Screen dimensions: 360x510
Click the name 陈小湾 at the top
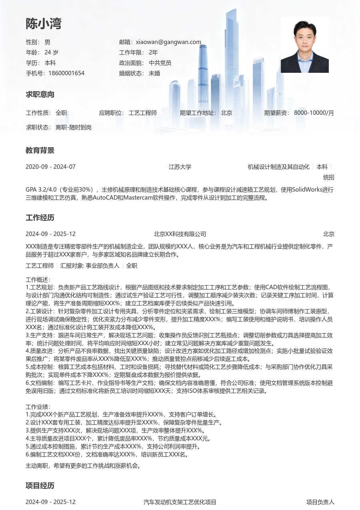point(44,24)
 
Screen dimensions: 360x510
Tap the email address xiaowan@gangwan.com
point(168,42)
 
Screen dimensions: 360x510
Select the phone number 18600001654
point(66,73)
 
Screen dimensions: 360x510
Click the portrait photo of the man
point(304,45)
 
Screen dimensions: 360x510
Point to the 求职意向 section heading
point(40,95)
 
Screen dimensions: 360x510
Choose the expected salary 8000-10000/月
point(314,113)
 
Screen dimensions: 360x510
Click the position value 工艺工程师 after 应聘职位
point(143,113)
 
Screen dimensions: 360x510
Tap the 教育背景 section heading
point(40,151)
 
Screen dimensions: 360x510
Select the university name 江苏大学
point(180,167)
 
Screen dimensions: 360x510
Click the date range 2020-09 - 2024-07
point(50,167)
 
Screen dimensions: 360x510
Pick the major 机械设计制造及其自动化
point(278,167)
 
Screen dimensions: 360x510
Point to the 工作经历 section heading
point(40,218)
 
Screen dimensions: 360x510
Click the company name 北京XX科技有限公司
point(180,234)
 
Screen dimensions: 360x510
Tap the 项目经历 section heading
point(40,486)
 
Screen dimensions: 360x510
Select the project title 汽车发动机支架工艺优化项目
point(180,502)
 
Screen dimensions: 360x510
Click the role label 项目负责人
point(320,502)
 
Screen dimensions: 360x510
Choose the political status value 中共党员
point(160,63)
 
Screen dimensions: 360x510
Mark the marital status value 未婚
point(154,73)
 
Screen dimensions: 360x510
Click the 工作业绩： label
point(38,407)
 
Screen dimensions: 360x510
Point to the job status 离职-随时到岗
point(74,127)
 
